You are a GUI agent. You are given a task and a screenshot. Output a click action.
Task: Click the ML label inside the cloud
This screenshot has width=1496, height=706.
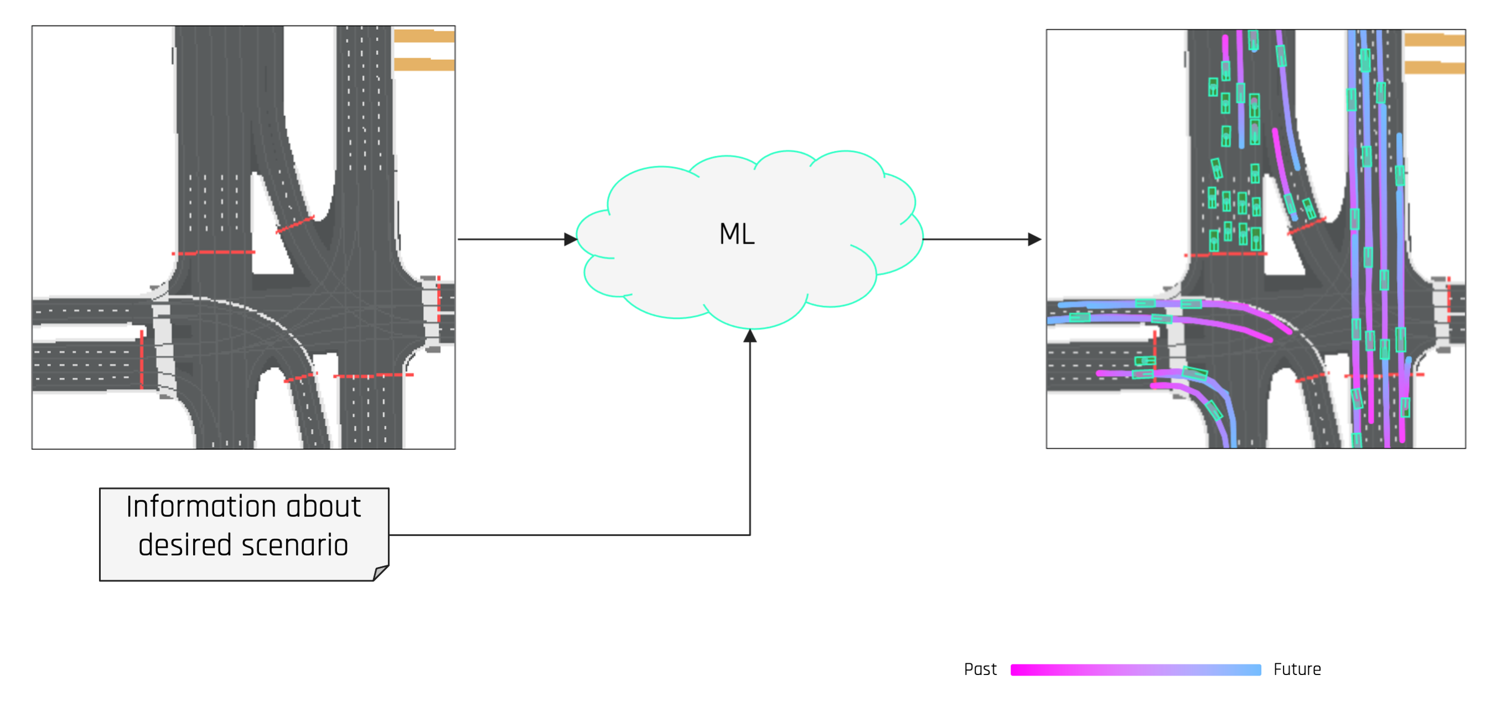(737, 234)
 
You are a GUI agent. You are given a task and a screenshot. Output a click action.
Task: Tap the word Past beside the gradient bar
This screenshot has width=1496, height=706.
(980, 669)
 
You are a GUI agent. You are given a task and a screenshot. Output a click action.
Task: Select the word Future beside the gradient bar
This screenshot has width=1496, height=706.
(1297, 669)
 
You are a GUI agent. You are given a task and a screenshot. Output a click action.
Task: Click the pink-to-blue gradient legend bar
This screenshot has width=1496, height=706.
(1135, 670)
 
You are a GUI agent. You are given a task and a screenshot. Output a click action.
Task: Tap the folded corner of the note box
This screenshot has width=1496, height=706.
(380, 573)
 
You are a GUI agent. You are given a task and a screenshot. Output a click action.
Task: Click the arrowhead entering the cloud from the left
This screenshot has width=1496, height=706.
(570, 239)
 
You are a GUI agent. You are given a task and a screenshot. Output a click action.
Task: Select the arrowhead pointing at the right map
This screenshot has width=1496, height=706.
(1034, 239)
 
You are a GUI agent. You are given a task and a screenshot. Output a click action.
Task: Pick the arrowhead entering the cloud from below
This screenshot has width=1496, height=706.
(750, 336)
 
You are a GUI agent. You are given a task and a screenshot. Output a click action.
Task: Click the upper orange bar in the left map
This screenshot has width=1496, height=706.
(424, 36)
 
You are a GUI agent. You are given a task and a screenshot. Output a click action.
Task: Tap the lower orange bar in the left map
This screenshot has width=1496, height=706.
(424, 64)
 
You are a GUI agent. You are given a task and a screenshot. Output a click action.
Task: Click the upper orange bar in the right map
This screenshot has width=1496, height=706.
(1434, 40)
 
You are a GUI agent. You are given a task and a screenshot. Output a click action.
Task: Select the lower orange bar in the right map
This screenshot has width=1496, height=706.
(1434, 68)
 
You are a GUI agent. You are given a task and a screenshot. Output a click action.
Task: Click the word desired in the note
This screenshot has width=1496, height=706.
(185, 545)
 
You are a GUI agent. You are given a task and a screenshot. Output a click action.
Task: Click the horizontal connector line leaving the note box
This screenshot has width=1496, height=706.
(569, 534)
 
